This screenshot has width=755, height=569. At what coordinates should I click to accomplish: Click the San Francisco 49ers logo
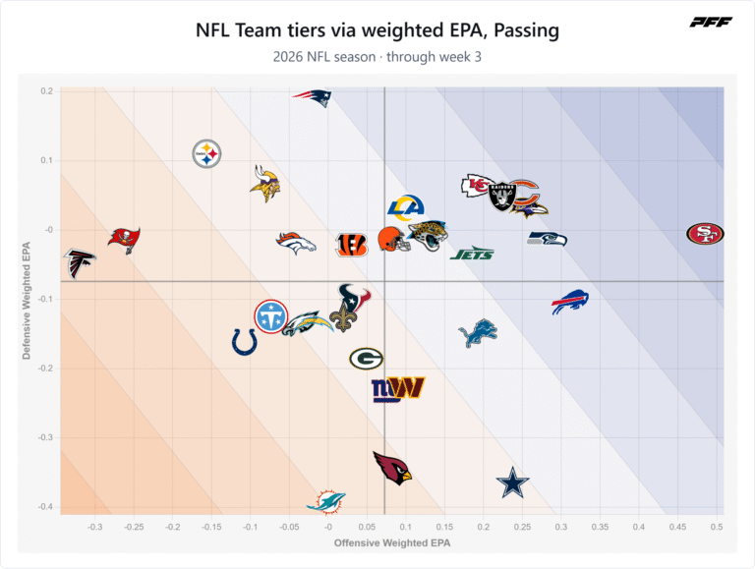705,234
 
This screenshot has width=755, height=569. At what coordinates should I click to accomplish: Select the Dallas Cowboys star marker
513,483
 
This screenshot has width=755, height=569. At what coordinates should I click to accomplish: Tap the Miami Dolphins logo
326,502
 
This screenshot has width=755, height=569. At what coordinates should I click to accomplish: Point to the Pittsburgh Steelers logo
206,154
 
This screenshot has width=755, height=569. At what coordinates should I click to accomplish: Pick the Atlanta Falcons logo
80,263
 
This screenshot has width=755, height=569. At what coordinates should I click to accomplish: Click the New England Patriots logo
312,97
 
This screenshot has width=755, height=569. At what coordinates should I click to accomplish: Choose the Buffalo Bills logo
570,302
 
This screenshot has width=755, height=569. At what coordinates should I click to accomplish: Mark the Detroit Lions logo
478,332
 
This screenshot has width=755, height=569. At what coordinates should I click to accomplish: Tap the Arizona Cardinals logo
393,468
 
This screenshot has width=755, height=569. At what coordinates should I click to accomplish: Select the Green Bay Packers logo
366,359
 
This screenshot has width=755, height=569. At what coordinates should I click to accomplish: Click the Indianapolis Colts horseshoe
245,343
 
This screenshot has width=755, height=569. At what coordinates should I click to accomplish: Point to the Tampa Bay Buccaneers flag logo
124,240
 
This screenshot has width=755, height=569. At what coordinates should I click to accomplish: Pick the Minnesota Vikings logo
264,184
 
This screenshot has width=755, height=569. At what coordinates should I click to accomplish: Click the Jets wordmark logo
472,254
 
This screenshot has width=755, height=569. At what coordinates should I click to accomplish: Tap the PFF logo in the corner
711,23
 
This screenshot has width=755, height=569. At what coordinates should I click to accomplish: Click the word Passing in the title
526,30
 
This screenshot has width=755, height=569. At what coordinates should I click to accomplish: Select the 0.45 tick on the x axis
677,527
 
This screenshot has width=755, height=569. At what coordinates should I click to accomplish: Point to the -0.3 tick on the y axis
45,437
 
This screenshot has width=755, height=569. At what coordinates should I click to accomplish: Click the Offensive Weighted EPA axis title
392,543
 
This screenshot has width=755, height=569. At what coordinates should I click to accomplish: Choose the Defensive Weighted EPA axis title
26,301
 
